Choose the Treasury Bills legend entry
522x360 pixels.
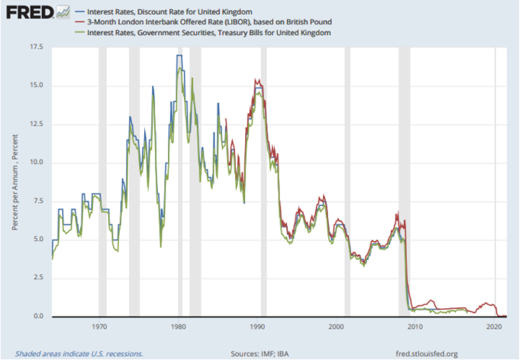click(x=208, y=33)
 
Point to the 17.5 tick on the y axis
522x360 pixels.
click(x=35, y=47)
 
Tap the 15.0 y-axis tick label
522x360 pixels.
click(x=35, y=85)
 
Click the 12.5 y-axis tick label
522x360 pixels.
click(x=35, y=124)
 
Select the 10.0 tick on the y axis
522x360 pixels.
click(x=35, y=162)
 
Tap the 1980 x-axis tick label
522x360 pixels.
click(x=178, y=327)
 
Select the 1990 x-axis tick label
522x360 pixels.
click(x=257, y=327)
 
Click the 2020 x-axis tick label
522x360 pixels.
click(x=494, y=327)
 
